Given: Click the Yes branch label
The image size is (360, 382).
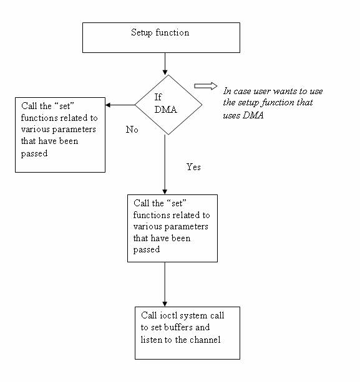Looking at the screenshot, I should tap(194, 167).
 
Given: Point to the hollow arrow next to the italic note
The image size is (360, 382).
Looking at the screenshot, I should tap(203, 85).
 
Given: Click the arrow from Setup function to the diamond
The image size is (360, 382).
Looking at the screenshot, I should tap(164, 63).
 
